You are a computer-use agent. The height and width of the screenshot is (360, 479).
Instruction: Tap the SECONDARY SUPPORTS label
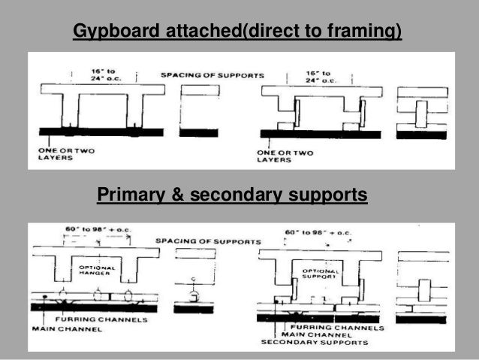[x=314, y=343]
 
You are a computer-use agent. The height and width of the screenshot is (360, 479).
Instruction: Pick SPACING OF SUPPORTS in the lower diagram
[x=209, y=241]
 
